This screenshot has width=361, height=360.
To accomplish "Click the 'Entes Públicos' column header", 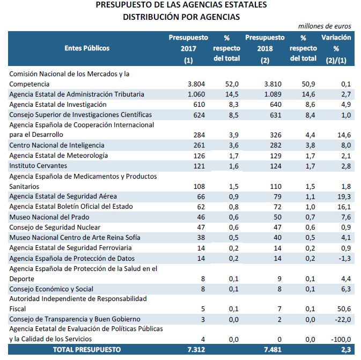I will [x=87, y=48].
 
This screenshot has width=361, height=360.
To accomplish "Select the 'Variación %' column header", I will [x=336, y=48].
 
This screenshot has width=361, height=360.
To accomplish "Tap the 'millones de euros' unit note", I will [x=325, y=26].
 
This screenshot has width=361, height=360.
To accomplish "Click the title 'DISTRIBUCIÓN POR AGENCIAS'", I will [x=181, y=17].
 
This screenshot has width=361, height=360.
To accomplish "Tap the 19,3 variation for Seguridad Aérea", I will [x=343, y=196].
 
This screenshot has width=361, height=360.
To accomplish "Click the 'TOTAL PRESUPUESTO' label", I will [x=86, y=349].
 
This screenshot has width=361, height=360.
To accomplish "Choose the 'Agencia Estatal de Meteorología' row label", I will [x=58, y=155].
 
